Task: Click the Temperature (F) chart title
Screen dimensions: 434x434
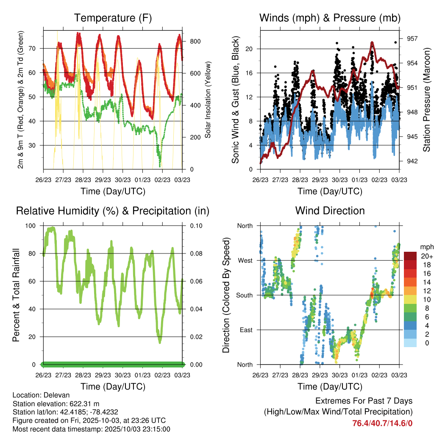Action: (113, 18)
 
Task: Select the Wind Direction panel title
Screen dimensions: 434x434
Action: (330, 211)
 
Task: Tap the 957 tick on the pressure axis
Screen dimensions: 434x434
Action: (412, 39)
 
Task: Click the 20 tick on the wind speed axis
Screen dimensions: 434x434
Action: (250, 49)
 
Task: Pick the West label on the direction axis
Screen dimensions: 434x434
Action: (245, 260)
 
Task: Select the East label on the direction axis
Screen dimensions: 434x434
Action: (245, 330)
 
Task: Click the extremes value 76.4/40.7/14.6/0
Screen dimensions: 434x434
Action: (382, 423)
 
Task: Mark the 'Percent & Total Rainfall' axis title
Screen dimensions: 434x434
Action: (16, 295)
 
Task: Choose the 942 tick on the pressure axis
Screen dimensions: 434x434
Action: (412, 161)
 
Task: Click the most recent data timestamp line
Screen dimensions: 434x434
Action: (92, 429)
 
